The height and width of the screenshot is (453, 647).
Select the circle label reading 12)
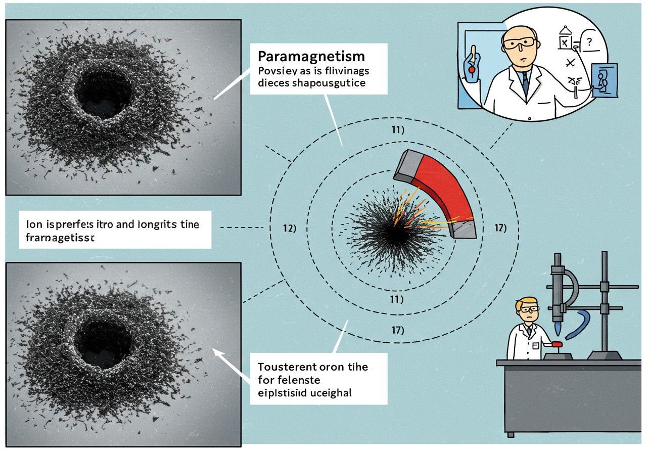tap(289, 228)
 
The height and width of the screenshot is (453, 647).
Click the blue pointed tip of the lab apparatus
tap(557, 330)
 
